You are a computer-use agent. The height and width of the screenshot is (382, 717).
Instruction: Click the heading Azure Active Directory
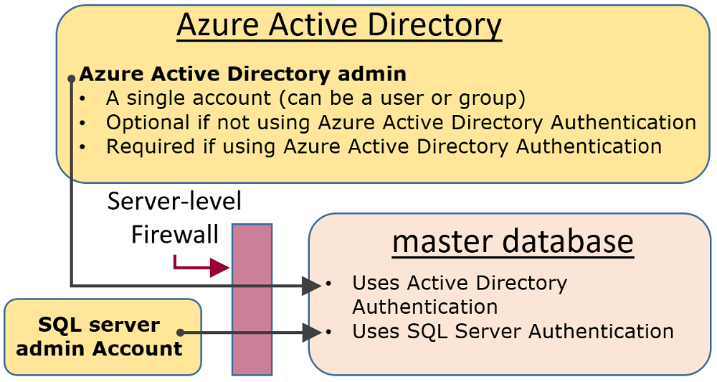tap(338, 26)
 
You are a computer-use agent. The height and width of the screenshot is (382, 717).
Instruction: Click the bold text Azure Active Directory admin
tap(242, 74)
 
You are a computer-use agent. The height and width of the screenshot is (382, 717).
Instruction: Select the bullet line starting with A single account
tap(315, 98)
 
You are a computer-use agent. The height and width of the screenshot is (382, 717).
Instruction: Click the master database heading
tap(513, 241)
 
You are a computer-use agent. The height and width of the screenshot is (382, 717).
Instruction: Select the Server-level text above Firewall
tap(174, 201)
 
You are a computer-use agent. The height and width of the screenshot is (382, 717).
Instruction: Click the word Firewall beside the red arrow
tap(174, 235)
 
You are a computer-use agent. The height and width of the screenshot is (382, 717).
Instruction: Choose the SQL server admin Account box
tap(103, 337)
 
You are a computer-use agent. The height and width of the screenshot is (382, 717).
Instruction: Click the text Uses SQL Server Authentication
tap(513, 331)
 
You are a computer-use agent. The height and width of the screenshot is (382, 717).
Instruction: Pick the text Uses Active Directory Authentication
tap(459, 294)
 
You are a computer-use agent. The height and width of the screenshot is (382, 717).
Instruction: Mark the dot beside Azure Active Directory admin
tap(72, 78)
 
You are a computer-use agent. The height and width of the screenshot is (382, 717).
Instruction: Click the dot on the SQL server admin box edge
tap(181, 332)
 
